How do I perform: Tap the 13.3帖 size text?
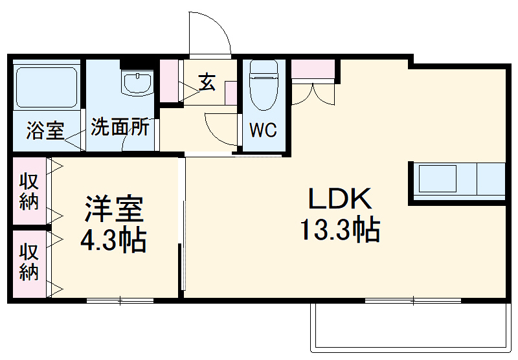(339, 229)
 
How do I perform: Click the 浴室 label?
(45, 131)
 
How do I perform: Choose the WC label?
(263, 130)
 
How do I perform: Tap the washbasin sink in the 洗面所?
(137, 82)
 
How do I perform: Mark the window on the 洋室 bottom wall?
(120, 300)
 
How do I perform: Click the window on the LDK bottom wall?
(412, 300)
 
